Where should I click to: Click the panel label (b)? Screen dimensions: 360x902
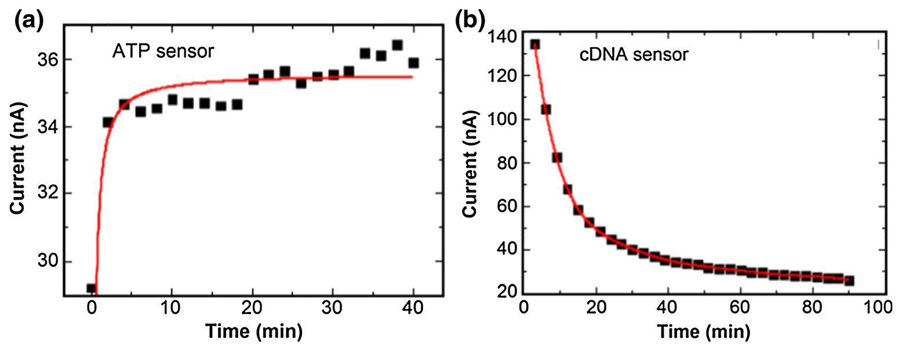pos(469,20)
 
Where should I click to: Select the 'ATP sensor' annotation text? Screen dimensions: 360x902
pos(163,51)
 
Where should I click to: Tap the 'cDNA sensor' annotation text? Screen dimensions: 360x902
pos(634,55)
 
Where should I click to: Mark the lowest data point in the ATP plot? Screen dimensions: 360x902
pos(91,288)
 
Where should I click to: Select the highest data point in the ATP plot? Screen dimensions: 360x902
pos(397,45)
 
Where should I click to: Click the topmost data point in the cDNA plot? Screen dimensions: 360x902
pos(535,45)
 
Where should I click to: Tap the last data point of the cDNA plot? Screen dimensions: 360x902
pos(849,281)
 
